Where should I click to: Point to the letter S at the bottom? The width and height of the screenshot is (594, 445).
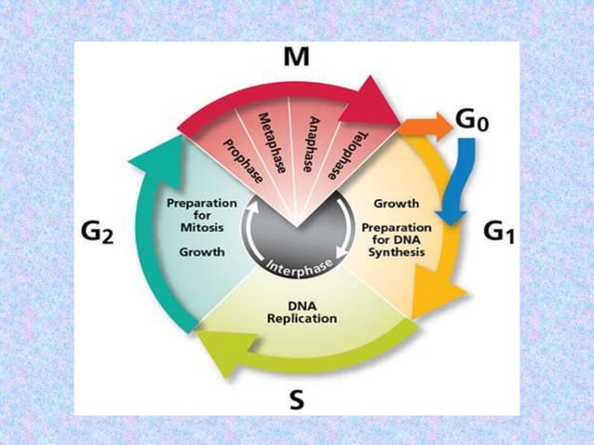tap(296, 401)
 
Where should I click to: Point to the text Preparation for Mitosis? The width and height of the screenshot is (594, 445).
tap(200, 215)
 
